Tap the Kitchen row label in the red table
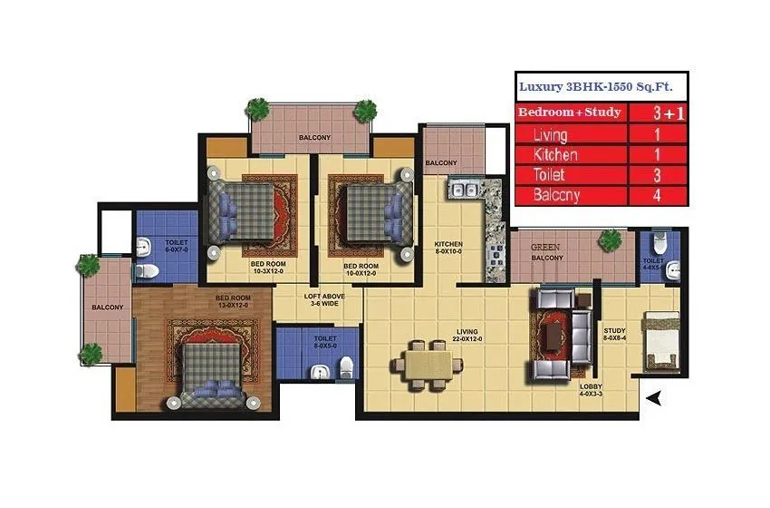tap(555, 154)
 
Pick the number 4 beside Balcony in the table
tap(657, 195)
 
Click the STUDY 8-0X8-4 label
tap(615, 336)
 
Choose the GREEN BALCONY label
tap(546, 251)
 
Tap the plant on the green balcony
tap(611, 240)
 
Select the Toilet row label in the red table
tap(550, 174)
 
